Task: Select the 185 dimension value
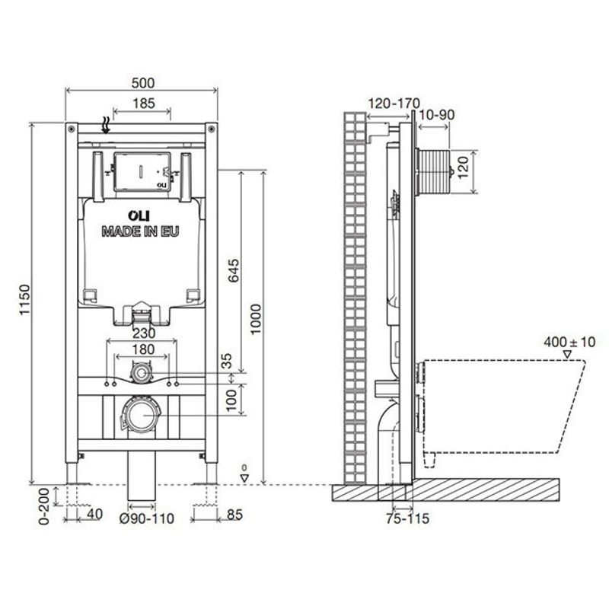tap(142, 103)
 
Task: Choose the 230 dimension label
tap(142, 333)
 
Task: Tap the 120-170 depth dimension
tap(394, 103)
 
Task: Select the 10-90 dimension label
tap(436, 114)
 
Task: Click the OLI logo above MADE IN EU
tap(140, 216)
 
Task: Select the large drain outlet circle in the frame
tap(142, 416)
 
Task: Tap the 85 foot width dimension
tap(234, 515)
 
